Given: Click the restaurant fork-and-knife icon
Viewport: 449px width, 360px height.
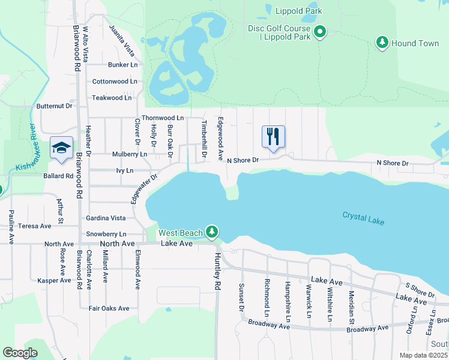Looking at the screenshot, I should point(273,137).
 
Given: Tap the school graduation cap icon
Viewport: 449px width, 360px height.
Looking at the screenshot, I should point(61,148).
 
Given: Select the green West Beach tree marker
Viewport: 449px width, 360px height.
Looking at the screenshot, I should point(211,232).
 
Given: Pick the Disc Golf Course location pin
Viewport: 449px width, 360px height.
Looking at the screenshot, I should point(321,32).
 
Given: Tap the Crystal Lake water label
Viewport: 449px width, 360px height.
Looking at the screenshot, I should point(363,218).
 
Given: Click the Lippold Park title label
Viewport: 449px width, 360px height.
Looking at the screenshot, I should point(298,11).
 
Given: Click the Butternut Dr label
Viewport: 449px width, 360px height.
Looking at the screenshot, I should point(54,106).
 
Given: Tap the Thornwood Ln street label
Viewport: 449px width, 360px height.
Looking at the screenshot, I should point(162,118).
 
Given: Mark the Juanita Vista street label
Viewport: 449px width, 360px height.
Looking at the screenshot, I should point(121,37).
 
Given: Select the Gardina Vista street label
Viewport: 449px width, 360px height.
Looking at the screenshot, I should point(106,218).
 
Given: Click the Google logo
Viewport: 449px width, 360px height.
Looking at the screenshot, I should point(20,352).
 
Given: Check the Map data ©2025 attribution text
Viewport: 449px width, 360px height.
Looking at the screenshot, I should point(423,355).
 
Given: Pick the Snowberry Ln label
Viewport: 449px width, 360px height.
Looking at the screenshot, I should point(106,234).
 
